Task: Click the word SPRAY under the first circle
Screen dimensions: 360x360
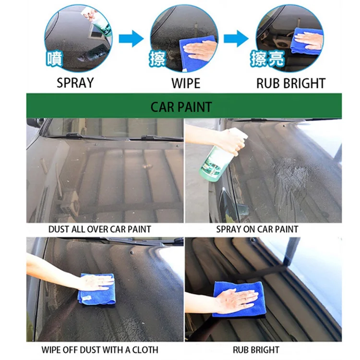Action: (75, 83)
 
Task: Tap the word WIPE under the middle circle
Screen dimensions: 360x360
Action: (185, 83)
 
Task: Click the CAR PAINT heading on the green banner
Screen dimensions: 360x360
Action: (181, 106)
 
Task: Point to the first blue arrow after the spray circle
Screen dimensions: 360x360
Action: (131, 38)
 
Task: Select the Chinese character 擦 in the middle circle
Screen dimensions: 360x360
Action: (158, 58)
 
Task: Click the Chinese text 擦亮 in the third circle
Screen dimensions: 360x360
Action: (267, 58)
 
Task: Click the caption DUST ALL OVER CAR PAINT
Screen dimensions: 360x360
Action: (99, 229)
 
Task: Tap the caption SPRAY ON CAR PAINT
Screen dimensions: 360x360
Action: (257, 229)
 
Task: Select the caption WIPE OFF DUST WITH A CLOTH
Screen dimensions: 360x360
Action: (100, 349)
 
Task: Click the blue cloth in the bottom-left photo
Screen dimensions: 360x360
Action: (97, 289)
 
